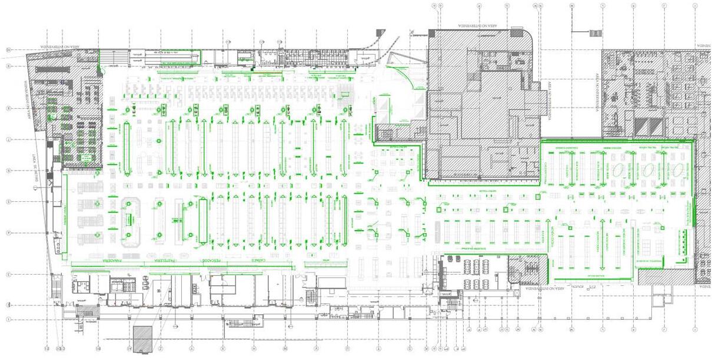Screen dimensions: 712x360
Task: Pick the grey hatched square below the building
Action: coord(143,339)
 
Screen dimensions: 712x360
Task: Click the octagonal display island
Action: coord(130,219)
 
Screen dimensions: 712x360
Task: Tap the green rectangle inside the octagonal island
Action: coord(127,219)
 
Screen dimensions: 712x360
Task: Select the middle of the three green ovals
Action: coord(648,171)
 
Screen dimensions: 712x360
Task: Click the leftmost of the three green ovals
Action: coord(619,171)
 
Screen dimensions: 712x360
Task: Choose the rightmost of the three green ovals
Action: coord(678,171)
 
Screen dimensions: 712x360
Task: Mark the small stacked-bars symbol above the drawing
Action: coord(596,33)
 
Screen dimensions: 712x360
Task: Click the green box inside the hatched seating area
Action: coord(85,158)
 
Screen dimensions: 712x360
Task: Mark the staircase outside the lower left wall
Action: coord(56,288)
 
